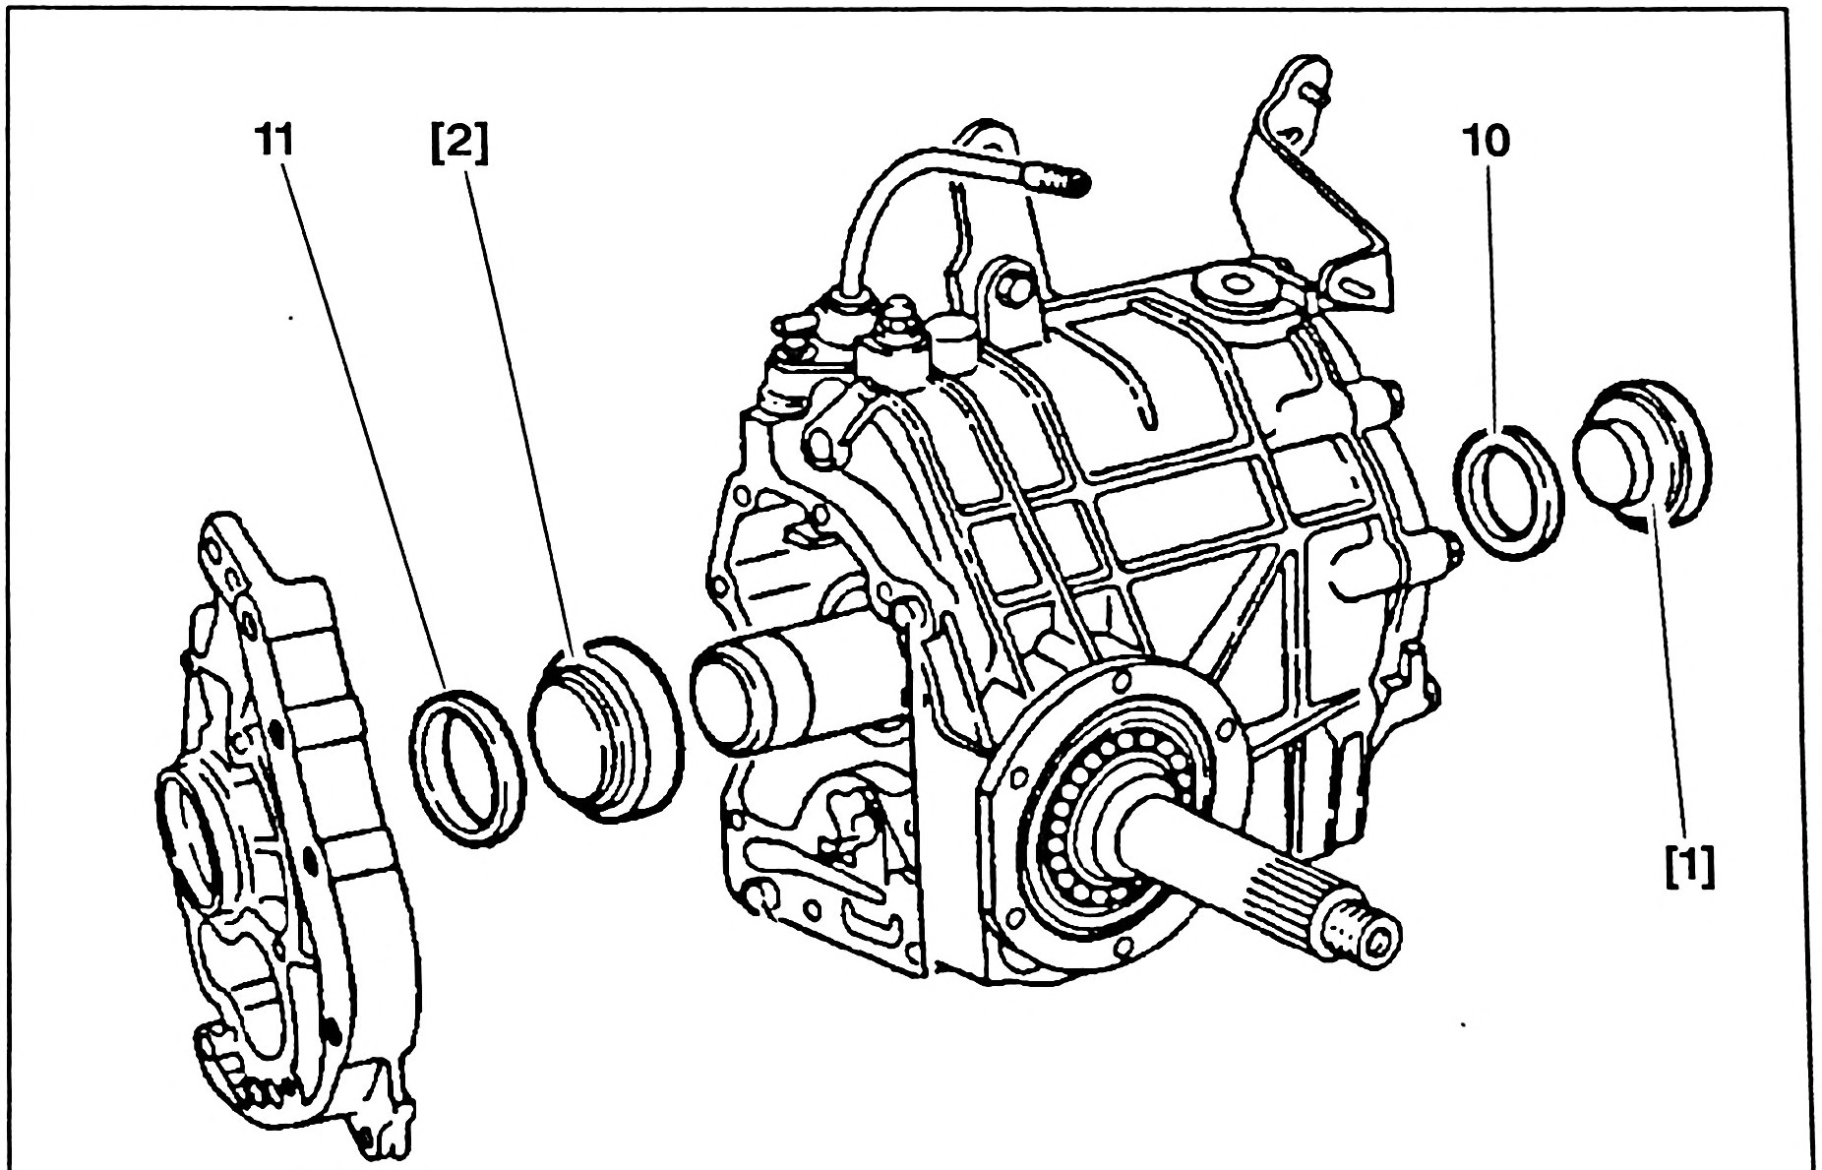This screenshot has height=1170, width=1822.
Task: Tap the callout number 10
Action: [1486, 143]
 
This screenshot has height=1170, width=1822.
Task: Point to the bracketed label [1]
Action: [1691, 868]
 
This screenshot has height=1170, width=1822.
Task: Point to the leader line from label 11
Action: [364, 423]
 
